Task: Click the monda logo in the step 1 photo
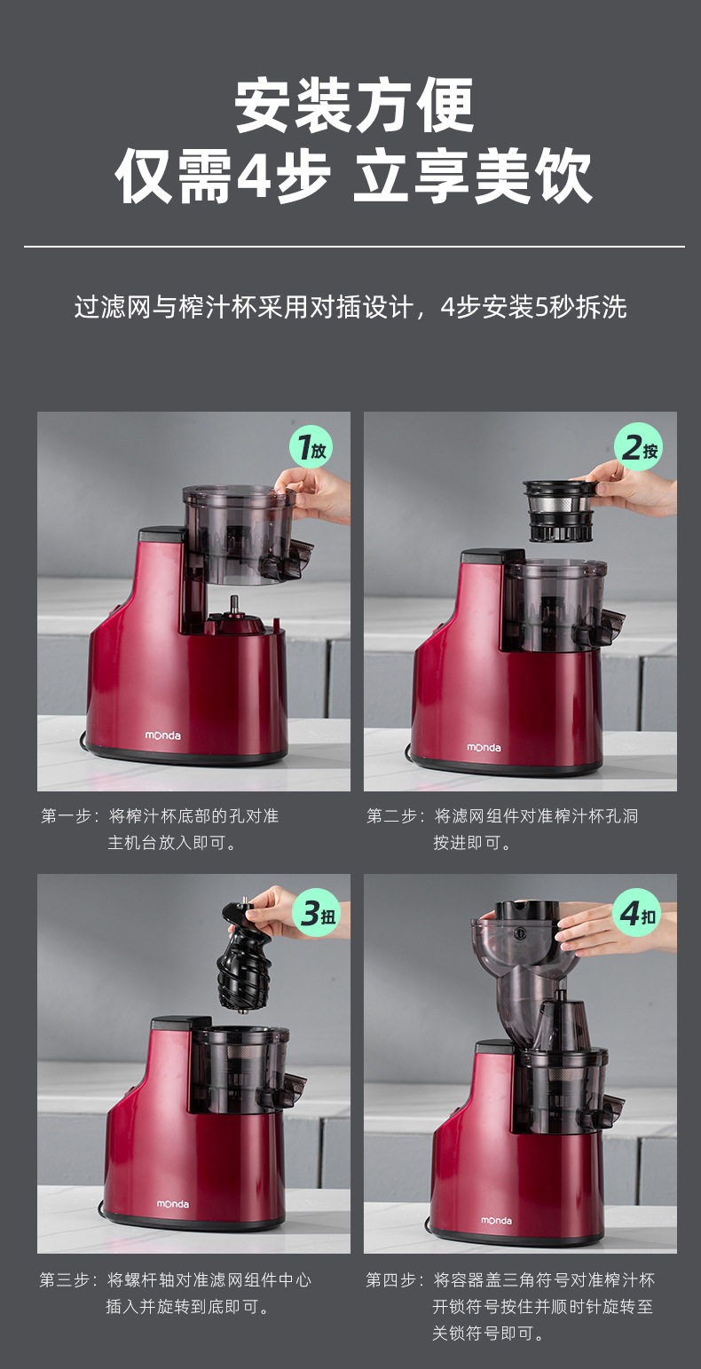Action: (162, 736)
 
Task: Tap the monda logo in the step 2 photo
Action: (484, 747)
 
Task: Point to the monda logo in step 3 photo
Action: (173, 1204)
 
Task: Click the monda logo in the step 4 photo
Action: (496, 1221)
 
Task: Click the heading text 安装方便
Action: (355, 106)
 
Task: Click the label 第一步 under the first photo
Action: (67, 816)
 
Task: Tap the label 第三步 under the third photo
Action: (67, 1280)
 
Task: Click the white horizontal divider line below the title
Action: (353, 247)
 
